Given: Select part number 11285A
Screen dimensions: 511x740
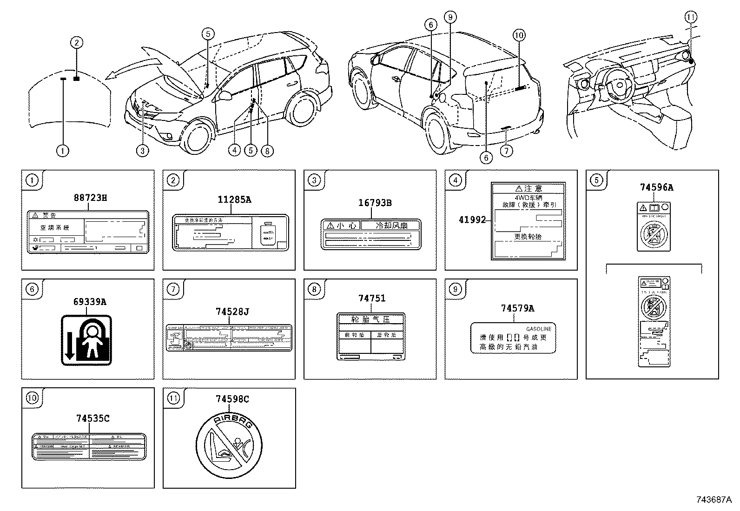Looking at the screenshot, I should (x=234, y=200).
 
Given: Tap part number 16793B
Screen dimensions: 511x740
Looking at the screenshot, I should (x=375, y=203).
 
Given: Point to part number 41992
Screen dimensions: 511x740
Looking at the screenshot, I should (x=472, y=219).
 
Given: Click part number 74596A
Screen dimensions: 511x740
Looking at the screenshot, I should (x=656, y=188).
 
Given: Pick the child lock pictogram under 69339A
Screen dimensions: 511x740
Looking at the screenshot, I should (x=87, y=340).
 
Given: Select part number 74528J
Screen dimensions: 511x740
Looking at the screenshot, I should (x=232, y=312).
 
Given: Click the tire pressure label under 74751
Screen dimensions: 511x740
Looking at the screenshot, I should (x=370, y=336).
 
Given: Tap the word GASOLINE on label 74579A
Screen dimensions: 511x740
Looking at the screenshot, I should (x=538, y=329).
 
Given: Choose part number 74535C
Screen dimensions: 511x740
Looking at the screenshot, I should (x=93, y=418).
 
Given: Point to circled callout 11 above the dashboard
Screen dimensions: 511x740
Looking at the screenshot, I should (x=691, y=17).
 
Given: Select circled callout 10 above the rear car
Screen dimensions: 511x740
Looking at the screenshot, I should (x=519, y=35).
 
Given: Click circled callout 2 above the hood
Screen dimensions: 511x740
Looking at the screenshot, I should (x=76, y=43).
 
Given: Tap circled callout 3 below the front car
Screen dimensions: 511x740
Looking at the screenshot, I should (x=143, y=150).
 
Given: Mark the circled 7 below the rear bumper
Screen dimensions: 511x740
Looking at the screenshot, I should (x=507, y=150).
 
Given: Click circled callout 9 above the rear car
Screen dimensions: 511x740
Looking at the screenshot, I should (x=449, y=17).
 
